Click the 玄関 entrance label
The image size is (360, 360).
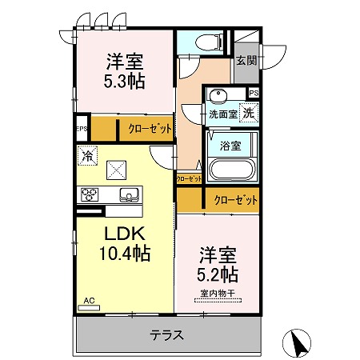tap(246, 59)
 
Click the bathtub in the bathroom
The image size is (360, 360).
tap(230, 170)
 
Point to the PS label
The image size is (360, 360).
tap(254, 94)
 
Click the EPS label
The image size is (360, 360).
tap(81, 129)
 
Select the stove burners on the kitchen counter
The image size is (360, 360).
tap(87, 194)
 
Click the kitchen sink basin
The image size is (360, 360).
tap(127, 194)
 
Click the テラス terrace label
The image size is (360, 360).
tap(168, 335)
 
